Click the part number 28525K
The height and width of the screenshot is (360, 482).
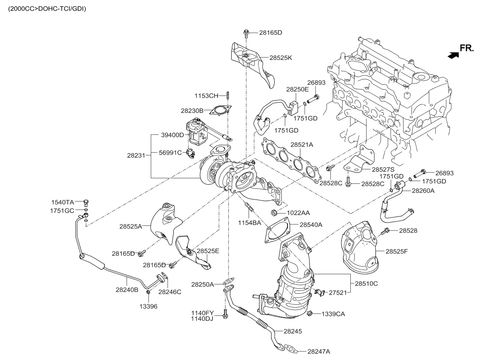[x=280, y=57]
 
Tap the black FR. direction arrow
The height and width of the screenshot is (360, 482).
[x=453, y=54]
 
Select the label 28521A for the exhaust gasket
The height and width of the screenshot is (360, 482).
[x=302, y=145]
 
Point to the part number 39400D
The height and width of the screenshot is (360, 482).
[x=172, y=135]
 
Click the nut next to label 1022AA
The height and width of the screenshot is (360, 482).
[x=273, y=212]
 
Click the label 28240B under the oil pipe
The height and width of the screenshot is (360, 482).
[x=127, y=290]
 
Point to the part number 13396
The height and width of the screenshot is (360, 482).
[x=148, y=306]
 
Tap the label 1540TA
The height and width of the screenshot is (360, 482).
[x=63, y=202]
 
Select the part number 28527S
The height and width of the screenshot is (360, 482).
[x=383, y=169]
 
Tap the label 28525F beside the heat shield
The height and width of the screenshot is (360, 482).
[x=397, y=251]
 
